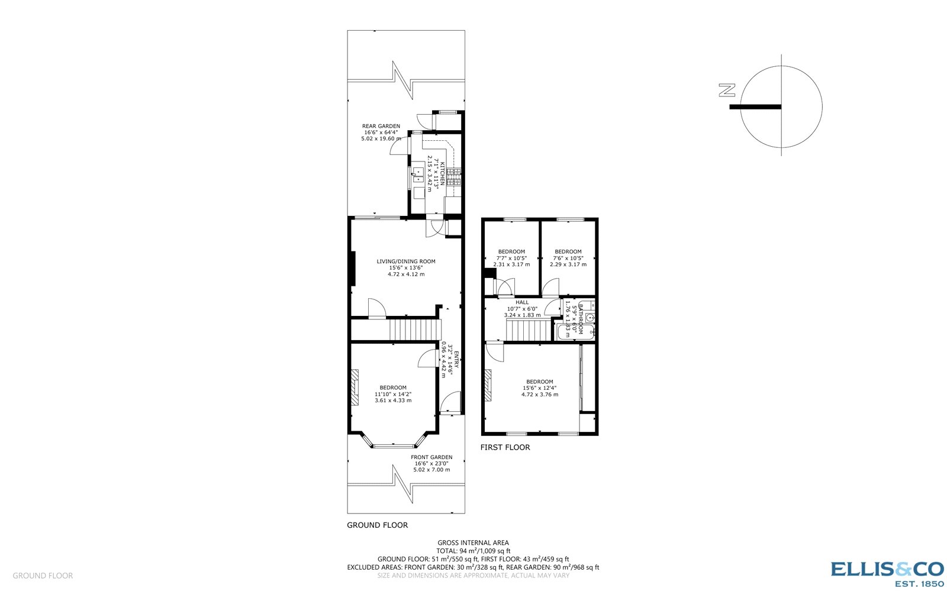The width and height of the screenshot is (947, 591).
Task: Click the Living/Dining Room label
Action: tap(406, 261)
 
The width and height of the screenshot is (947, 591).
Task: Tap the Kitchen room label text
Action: tap(442, 172)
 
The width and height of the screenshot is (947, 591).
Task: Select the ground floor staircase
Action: tap(414, 330)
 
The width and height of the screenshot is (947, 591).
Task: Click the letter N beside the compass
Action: tap(727, 91)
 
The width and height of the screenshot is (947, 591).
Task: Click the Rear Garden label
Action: tap(381, 126)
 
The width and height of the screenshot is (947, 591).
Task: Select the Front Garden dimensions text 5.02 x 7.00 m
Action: tap(431, 470)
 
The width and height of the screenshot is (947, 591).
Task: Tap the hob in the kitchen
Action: tap(454, 176)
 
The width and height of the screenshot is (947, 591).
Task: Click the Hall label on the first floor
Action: tap(522, 302)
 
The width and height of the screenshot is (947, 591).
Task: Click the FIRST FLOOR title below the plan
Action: tap(505, 447)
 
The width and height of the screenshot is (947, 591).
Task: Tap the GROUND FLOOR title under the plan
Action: tap(377, 525)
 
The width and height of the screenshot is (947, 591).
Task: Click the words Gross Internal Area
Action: tap(473, 542)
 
